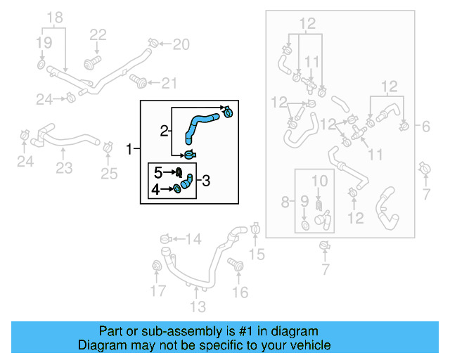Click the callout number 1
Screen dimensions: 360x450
(x=129, y=149)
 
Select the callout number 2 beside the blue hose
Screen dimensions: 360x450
(x=164, y=130)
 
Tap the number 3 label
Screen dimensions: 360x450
(x=206, y=181)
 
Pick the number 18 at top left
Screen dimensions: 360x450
(x=54, y=17)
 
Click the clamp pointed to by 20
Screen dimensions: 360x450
(x=155, y=44)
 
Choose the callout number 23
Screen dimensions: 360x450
(x=64, y=169)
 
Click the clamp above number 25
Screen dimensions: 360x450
(x=108, y=148)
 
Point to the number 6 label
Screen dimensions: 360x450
(x=426, y=127)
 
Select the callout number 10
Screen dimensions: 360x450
(x=320, y=181)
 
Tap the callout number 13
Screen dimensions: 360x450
(x=198, y=307)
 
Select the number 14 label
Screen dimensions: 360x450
(x=193, y=240)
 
